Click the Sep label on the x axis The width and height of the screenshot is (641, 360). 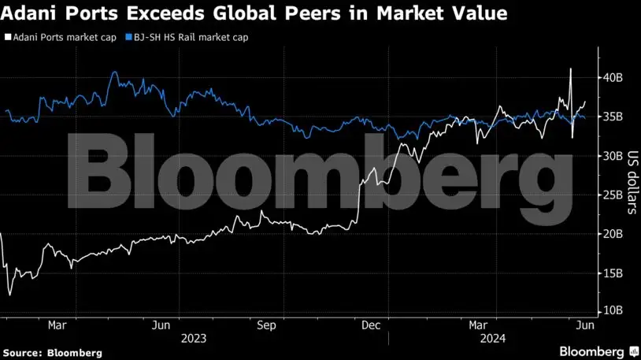tap(266, 324)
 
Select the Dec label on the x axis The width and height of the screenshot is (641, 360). tap(371, 324)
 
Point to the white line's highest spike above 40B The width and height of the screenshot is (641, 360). tap(570, 69)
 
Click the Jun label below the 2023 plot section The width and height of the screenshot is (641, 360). tap(161, 324)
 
